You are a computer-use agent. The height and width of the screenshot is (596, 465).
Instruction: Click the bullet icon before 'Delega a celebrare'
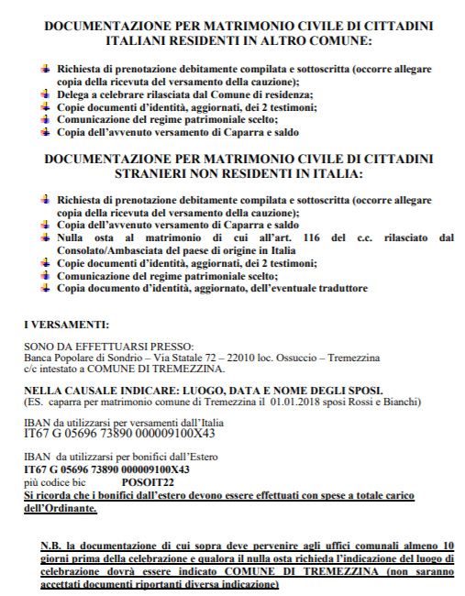tap(45, 94)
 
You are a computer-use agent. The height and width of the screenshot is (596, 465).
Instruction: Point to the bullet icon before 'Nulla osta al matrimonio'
tap(45, 237)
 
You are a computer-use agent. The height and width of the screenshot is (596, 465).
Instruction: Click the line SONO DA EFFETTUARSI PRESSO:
tap(96, 347)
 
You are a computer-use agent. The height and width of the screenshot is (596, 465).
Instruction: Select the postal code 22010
tap(233, 357)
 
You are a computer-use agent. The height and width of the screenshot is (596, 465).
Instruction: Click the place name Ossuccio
tap(287, 357)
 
